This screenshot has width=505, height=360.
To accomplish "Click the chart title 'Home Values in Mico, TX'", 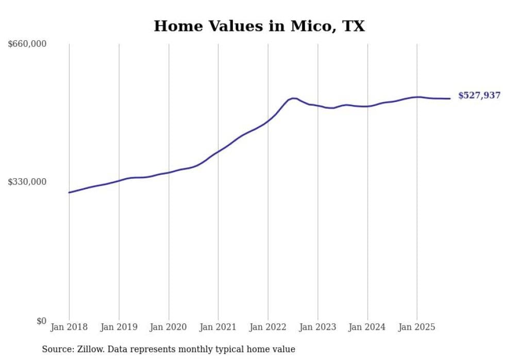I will pyautogui.click(x=259, y=26).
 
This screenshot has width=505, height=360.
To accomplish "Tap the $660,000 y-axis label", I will pyautogui.click(x=27, y=44).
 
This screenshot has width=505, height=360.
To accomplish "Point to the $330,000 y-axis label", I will pyautogui.click(x=27, y=182).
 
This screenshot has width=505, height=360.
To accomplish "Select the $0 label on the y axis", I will pyautogui.click(x=41, y=321).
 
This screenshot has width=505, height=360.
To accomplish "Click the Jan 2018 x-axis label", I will pyautogui.click(x=69, y=327).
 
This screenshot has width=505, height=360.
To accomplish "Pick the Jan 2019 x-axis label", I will pyautogui.click(x=119, y=327).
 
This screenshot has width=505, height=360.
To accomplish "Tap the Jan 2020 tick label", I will pyautogui.click(x=169, y=327).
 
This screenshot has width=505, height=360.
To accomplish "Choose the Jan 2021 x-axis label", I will pyautogui.click(x=218, y=327).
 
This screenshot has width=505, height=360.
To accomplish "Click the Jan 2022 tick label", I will pyautogui.click(x=268, y=327).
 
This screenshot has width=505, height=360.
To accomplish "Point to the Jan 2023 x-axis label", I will pyautogui.click(x=318, y=327).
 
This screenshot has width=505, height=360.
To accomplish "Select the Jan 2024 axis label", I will pyautogui.click(x=367, y=327).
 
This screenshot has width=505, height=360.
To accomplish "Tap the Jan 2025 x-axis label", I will pyautogui.click(x=417, y=327).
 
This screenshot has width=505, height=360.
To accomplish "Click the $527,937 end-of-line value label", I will pyautogui.click(x=479, y=95).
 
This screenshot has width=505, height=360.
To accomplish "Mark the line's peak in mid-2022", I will pyautogui.click(x=293, y=98).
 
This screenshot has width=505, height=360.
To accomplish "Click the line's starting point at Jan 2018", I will pyautogui.click(x=69, y=193).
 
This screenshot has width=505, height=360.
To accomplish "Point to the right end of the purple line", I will pyautogui.click(x=450, y=98).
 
